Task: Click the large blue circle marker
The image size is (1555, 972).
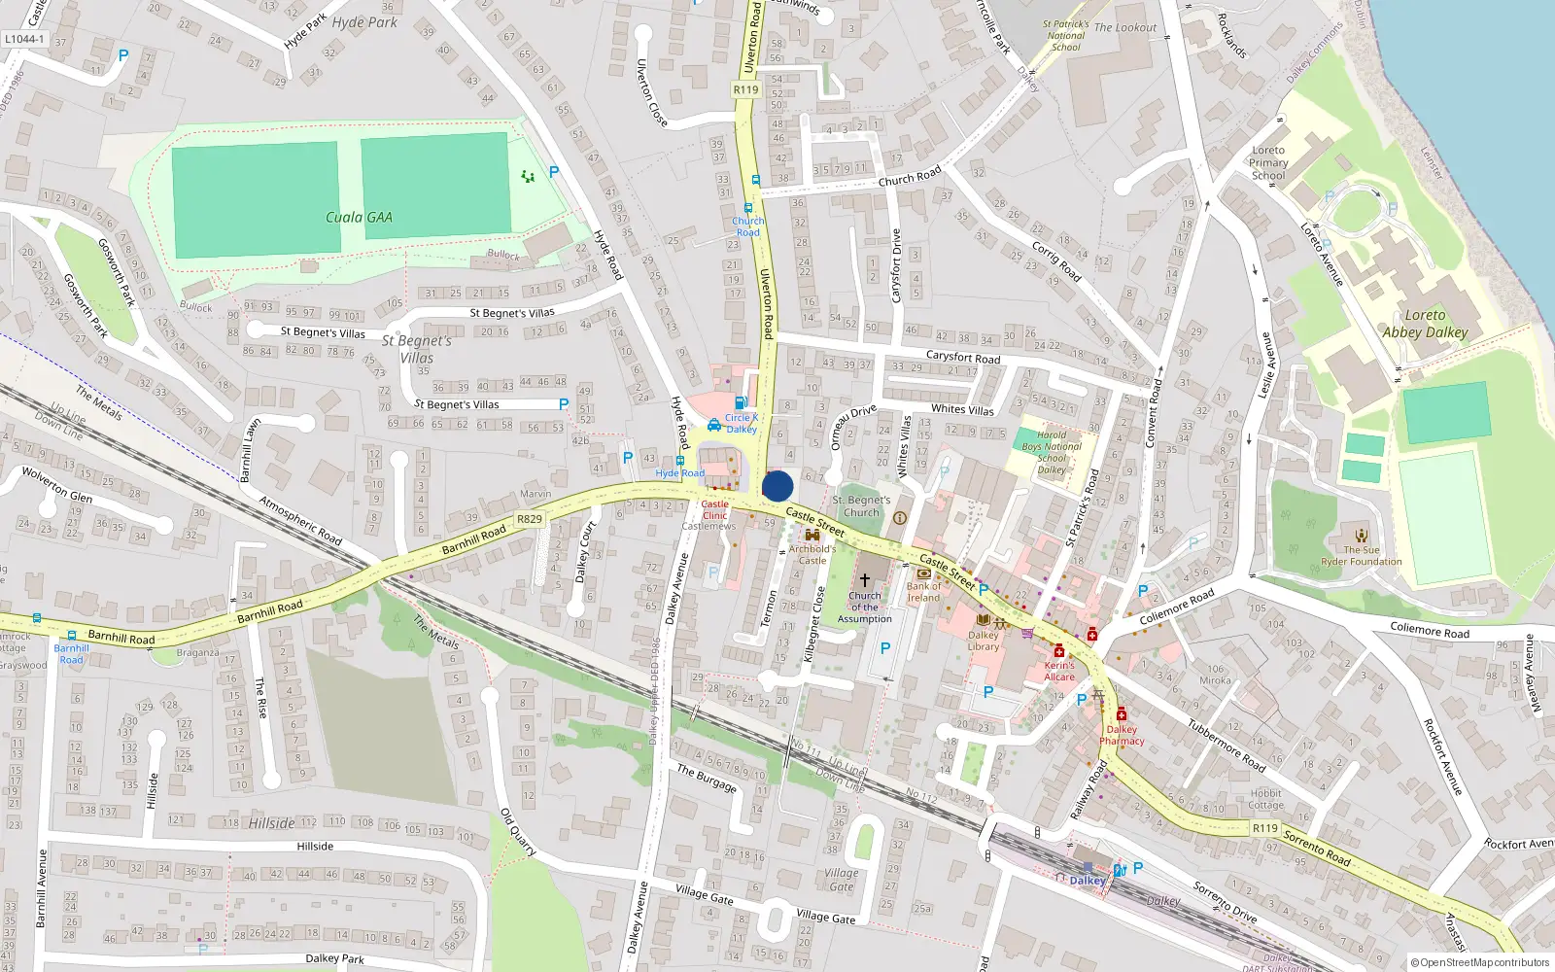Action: pos(777,486)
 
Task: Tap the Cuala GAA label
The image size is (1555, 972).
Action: pos(359,218)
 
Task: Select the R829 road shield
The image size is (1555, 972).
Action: pos(530,519)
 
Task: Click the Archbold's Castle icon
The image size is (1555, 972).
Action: pos(812,536)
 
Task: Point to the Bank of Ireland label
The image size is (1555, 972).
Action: pos(924,592)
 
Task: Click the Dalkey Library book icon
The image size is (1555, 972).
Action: pos(983,620)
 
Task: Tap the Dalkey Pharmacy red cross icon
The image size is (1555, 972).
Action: pos(1121,714)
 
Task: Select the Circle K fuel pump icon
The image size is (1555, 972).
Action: pos(741,403)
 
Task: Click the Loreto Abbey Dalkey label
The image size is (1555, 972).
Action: pos(1425,324)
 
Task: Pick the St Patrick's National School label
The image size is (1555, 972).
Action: pos(1065,35)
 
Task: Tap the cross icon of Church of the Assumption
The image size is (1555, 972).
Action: pos(864,579)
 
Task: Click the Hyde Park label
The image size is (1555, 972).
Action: pos(364,22)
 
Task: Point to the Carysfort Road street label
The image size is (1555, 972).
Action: pos(962,358)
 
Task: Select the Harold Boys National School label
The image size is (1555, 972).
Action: pos(1052,453)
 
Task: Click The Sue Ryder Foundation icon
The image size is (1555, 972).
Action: pos(1361,535)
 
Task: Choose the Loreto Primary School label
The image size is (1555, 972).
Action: pos(1268,162)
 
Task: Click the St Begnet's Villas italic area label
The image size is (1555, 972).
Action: pos(417,349)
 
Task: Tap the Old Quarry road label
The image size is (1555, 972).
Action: pos(518,832)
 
